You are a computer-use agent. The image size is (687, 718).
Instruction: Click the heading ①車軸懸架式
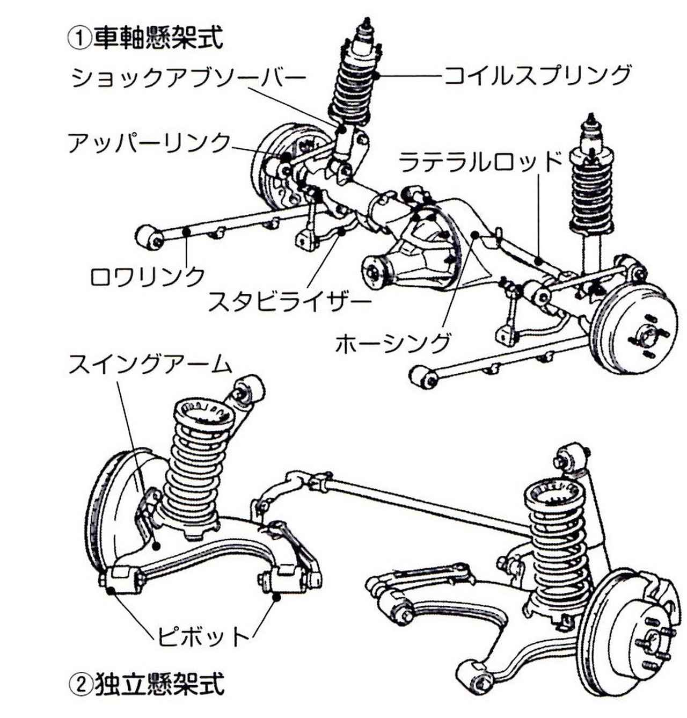coord(145,38)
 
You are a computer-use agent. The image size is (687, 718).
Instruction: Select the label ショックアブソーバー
coord(188,78)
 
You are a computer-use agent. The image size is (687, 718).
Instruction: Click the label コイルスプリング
coord(537,75)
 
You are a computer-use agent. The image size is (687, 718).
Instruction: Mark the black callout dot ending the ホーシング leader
coord(476,234)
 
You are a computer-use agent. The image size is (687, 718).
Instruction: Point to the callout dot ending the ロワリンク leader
coord(187,231)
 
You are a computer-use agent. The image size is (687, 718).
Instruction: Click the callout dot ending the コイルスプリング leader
coord(376,76)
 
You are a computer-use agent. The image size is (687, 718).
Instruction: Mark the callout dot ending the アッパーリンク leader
coord(284,157)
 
